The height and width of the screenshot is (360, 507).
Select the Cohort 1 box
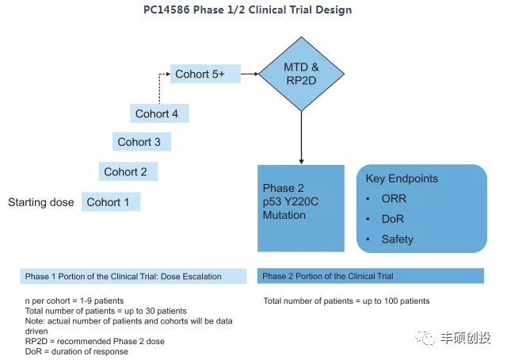coord(111,202)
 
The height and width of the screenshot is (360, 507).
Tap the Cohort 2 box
coord(127,171)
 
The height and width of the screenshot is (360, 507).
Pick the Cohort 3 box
coord(140,142)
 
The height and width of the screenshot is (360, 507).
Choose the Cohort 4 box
coord(158,113)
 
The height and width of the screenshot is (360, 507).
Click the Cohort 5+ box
coord(205,75)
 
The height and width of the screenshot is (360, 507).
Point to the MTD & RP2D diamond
coord(302,74)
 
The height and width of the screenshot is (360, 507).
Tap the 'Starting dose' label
coord(41,202)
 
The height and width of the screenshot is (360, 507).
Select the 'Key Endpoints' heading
coord(402,178)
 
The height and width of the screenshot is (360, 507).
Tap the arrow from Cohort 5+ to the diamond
coord(250,75)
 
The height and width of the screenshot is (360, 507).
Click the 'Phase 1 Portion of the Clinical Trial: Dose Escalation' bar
coord(134,276)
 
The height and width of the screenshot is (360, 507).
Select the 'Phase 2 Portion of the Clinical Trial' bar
coord(370,276)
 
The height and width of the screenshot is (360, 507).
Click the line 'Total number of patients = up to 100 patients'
coord(346,301)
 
